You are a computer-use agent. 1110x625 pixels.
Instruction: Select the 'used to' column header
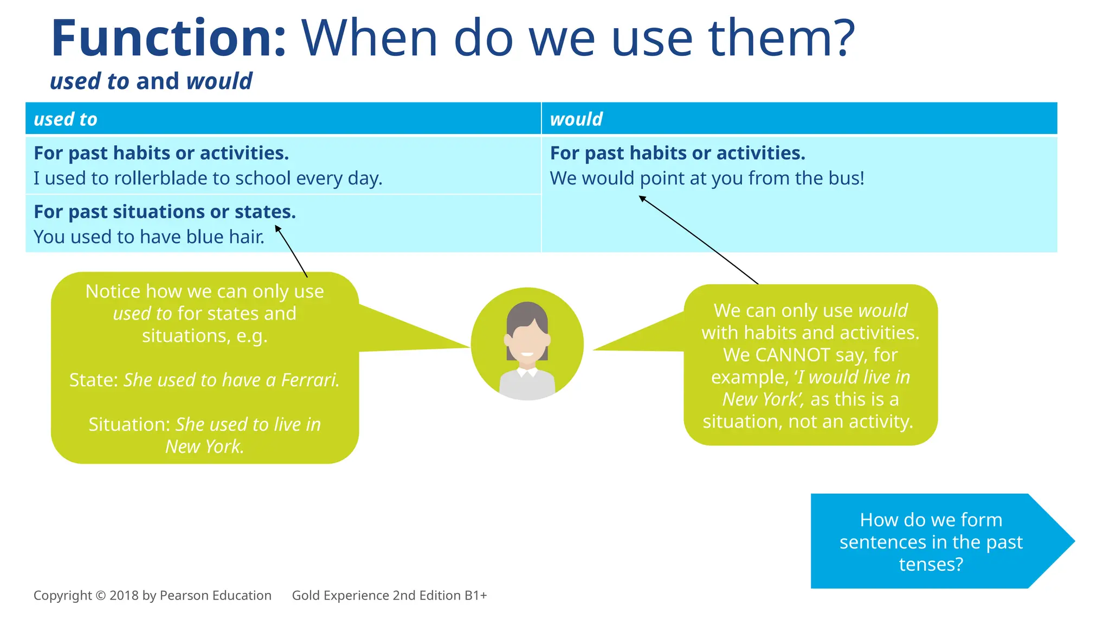(66, 119)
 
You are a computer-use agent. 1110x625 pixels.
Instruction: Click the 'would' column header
(576, 119)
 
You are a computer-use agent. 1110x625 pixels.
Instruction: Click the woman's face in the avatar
(527, 342)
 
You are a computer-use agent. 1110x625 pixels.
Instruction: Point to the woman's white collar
(527, 373)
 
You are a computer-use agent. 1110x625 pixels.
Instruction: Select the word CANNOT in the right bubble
(792, 355)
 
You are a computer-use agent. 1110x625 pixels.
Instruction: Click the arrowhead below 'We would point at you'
(642, 199)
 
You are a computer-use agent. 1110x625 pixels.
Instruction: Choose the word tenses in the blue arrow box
(931, 565)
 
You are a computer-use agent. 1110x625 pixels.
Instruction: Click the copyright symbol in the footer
(100, 596)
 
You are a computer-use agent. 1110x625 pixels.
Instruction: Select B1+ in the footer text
(475, 596)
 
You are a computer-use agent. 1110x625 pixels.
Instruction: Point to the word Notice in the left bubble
(113, 292)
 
